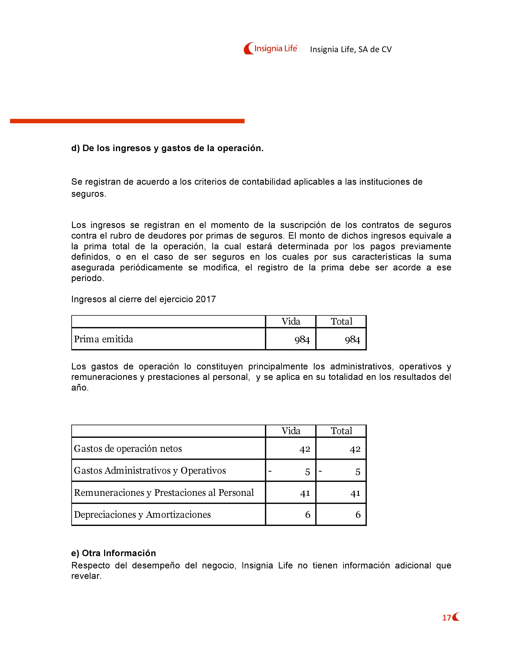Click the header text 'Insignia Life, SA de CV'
[351, 49]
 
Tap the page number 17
[446, 618]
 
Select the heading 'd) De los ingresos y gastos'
[167, 148]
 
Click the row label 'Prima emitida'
[104, 339]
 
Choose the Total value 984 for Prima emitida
[352, 340]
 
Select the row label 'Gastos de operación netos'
[128, 449]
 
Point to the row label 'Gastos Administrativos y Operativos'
[150, 471]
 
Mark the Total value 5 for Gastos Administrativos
[358, 472]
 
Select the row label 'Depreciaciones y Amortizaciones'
[142, 515]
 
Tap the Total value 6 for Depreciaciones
[358, 515]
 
